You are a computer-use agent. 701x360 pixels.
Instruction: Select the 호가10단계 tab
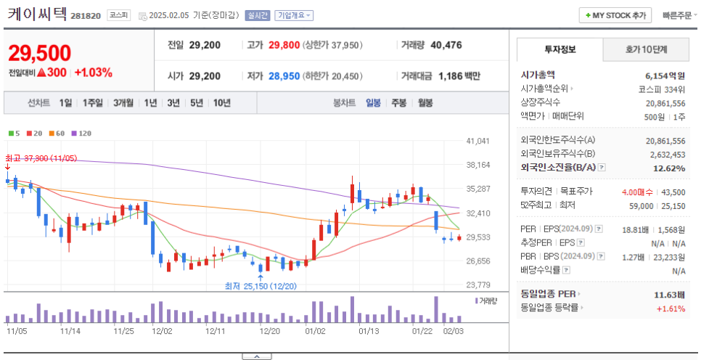pyautogui.click(x=646, y=49)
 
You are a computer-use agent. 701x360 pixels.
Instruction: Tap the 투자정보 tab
pyautogui.click(x=559, y=49)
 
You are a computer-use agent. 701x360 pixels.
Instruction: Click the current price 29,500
pyautogui.click(x=40, y=53)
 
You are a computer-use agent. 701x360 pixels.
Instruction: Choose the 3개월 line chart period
pyautogui.click(x=123, y=103)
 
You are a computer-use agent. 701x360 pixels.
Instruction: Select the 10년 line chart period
pyautogui.click(x=221, y=103)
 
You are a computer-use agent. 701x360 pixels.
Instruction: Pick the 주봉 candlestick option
pyautogui.click(x=398, y=103)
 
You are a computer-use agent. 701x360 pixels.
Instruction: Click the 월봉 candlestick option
pyautogui.click(x=425, y=103)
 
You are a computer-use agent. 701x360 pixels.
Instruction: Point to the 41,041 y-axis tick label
pyautogui.click(x=478, y=141)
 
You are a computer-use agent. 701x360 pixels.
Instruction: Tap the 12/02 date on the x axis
pyautogui.click(x=161, y=330)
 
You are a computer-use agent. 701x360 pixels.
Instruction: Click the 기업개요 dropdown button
pyautogui.click(x=293, y=15)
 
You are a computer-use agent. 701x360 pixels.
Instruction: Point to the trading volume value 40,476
pyautogui.click(x=446, y=45)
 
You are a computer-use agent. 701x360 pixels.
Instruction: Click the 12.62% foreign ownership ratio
pyautogui.click(x=669, y=168)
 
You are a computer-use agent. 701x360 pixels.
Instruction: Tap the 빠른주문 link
pyautogui.click(x=676, y=15)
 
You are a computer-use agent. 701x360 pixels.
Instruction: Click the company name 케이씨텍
pyautogui.click(x=36, y=14)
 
